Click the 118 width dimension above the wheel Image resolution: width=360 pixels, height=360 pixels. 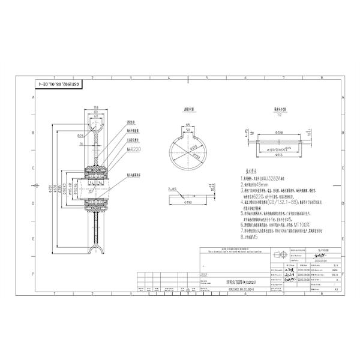coord(96,106)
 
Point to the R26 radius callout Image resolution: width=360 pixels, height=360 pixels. coord(80,136)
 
